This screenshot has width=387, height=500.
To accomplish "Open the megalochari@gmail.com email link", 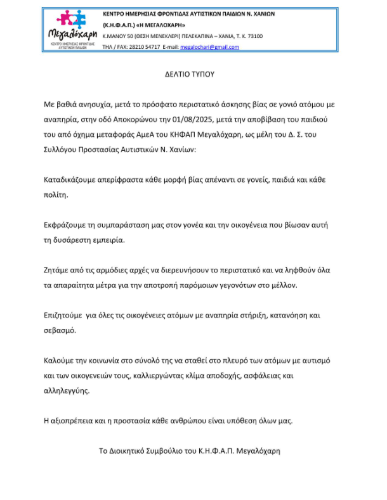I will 210,47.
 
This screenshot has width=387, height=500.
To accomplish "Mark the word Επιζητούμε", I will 68,316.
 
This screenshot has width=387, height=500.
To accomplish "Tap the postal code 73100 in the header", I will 254,36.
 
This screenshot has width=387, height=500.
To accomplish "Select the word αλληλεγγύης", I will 67,390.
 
